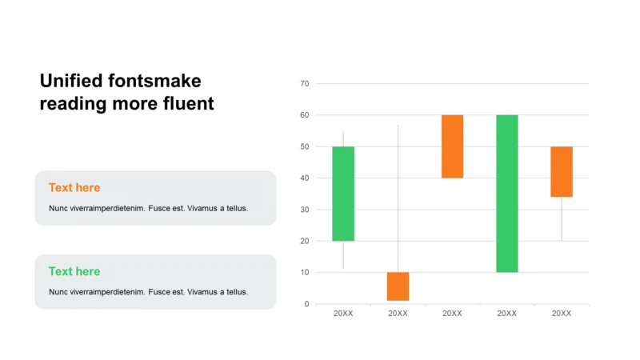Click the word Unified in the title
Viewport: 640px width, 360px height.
[71, 81]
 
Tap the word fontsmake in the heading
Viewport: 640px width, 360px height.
[154, 81]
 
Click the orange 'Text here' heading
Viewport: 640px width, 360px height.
[74, 188]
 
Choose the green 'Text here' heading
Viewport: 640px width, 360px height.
[74, 271]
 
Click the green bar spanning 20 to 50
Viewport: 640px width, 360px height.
[343, 194]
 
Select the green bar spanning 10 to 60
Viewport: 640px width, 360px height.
[507, 194]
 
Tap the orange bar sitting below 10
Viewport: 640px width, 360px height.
[398, 286]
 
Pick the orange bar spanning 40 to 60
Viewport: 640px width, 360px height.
[452, 146]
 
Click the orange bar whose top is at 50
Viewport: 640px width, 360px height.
[562, 172]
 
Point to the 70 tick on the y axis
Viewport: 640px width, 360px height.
[305, 84]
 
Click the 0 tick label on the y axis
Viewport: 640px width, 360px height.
[306, 304]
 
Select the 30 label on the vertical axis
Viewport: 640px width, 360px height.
[305, 210]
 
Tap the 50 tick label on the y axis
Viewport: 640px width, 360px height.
[305, 146]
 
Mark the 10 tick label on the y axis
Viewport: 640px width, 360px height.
[305, 272]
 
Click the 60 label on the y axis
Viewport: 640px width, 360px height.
[305, 115]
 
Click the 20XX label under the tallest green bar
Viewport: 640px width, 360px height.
[507, 314]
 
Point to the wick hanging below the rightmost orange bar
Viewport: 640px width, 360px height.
[562, 218]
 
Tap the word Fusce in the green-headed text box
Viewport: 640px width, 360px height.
[159, 292]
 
